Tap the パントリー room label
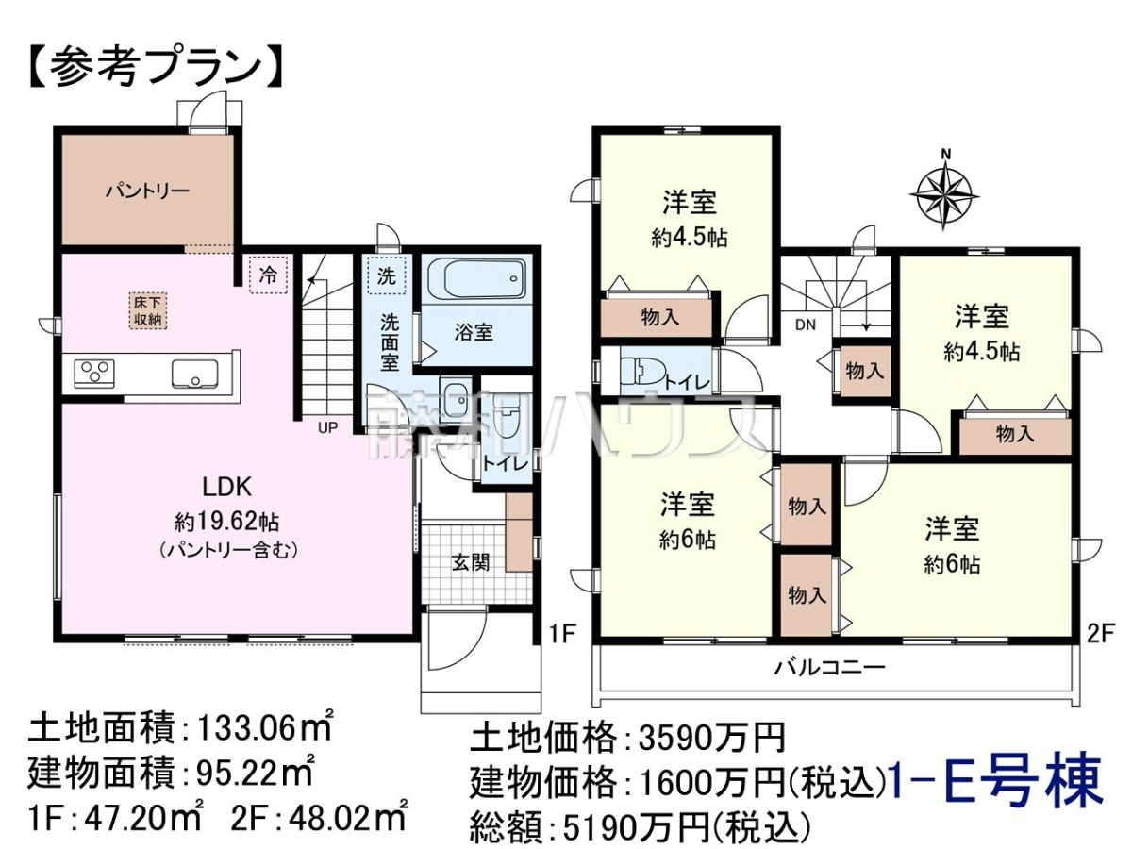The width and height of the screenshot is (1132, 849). pos(147,191)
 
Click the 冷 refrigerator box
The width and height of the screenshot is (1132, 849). pos(268,275)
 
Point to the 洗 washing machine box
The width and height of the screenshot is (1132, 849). pos(387,275)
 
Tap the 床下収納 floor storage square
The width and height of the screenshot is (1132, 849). pos(148,311)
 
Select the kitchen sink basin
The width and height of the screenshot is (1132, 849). pos(194,373)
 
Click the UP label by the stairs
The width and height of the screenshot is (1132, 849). pos(327,427)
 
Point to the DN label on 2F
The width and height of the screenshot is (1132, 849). pos(806,325)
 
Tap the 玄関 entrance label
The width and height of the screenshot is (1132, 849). pos(471,562)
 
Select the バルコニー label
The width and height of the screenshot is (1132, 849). pos(829,668)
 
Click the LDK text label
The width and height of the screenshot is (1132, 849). pos(227,487)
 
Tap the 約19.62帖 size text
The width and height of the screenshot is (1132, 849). pos(227,523)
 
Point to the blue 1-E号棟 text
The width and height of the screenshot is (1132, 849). pos(996,786)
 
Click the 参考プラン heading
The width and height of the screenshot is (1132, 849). pos(155,68)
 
